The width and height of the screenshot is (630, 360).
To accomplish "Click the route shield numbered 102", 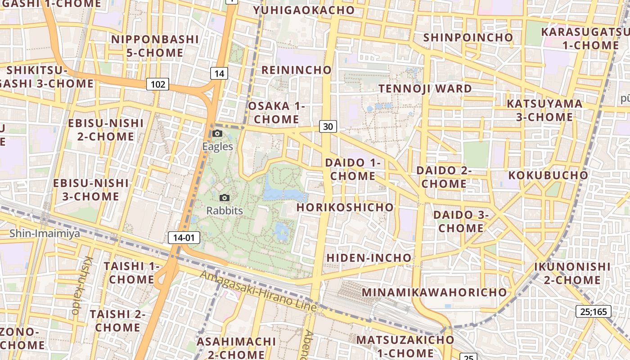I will tap(157, 84).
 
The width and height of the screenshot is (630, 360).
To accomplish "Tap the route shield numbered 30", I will tap(328, 126).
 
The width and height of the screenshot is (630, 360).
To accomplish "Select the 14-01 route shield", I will tap(184, 238).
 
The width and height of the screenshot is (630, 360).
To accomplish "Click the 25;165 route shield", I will tap(594, 311).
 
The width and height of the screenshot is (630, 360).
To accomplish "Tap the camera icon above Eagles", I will tap(217, 133).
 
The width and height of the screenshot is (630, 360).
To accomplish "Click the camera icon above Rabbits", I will tap(225, 198).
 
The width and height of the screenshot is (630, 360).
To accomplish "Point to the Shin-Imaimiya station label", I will tap(45, 234).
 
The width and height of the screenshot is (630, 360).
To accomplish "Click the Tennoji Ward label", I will tap(425, 89).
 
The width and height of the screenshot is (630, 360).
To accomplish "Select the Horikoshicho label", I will tap(345, 207).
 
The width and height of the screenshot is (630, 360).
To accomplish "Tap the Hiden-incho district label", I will tap(369, 258).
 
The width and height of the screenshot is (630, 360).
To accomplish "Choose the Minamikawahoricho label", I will tap(434, 292).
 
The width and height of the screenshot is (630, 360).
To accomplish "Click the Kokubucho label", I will tap(548, 175).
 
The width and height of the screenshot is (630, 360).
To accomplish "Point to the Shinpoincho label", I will tap(468, 37).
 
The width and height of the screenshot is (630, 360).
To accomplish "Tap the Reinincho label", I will tap(296, 70).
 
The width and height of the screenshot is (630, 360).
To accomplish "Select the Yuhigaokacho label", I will tap(304, 10).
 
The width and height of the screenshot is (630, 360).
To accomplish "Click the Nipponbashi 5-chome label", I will tap(154, 46).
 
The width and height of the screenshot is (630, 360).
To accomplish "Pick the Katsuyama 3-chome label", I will tap(544, 110).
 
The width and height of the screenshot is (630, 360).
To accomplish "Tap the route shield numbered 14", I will tap(219, 73).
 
